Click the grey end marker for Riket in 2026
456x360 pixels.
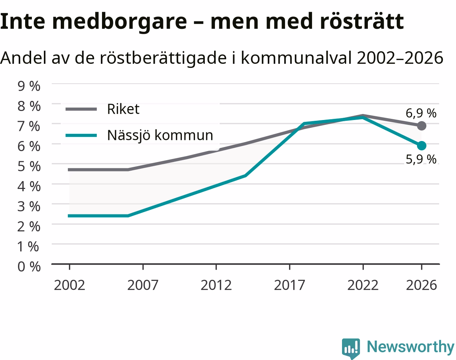click(x=421, y=126)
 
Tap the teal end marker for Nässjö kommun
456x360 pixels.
click(x=421, y=146)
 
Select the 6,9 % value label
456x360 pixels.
click(x=421, y=113)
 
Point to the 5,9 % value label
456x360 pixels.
click(x=421, y=159)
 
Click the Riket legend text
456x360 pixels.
click(x=123, y=109)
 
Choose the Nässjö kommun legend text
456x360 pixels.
click(x=160, y=135)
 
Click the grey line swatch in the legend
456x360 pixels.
click(x=81, y=109)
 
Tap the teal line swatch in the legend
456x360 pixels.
click(x=81, y=135)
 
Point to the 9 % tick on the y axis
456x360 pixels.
click(x=29, y=86)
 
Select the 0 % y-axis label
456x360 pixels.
click(x=29, y=266)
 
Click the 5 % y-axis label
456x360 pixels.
click(x=29, y=166)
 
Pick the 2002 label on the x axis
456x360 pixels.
click(x=69, y=285)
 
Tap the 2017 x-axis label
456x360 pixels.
click(x=289, y=285)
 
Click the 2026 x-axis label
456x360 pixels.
click(x=421, y=285)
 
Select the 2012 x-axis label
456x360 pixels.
click(x=216, y=285)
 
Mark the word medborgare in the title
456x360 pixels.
click(x=120, y=22)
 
